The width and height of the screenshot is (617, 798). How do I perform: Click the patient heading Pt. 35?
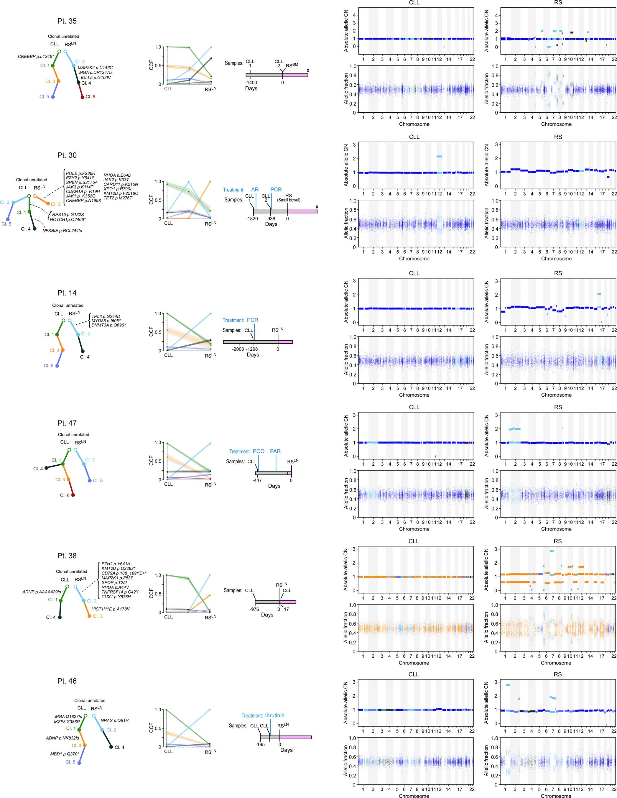(x=67, y=21)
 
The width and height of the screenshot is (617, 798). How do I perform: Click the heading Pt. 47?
(x=67, y=423)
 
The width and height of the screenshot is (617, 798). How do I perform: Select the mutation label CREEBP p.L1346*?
(x=36, y=57)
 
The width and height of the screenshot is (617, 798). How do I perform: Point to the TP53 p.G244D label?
(x=106, y=316)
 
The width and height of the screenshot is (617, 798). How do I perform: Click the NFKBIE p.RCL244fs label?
(x=62, y=231)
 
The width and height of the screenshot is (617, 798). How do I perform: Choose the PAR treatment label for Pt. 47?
(x=275, y=451)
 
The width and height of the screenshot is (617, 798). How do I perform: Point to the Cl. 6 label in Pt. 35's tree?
(x=90, y=97)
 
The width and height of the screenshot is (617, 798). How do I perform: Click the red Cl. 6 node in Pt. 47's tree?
(x=73, y=495)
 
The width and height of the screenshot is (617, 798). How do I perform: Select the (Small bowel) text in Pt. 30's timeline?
(x=289, y=200)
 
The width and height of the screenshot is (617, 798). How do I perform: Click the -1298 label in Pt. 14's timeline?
(x=252, y=349)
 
